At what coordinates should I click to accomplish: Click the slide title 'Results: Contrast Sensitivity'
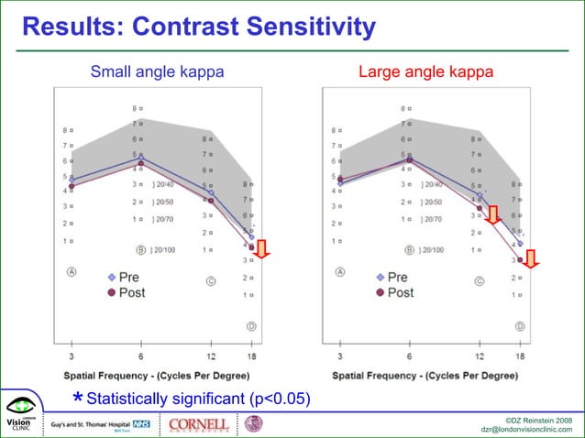pos(199,27)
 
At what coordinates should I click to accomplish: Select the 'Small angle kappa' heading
pos(157,71)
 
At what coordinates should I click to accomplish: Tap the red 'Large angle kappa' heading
pos(425,71)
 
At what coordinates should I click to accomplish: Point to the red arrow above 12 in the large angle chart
pos(492,215)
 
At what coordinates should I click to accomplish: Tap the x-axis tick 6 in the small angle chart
pos(140,356)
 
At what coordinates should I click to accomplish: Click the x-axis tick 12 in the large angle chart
pos(480,356)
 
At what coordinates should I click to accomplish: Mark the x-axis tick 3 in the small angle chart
pos(72,356)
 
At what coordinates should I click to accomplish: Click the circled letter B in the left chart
pos(141,249)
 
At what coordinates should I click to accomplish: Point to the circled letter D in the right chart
pos(519,326)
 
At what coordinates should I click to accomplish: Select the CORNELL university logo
pos(200,424)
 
